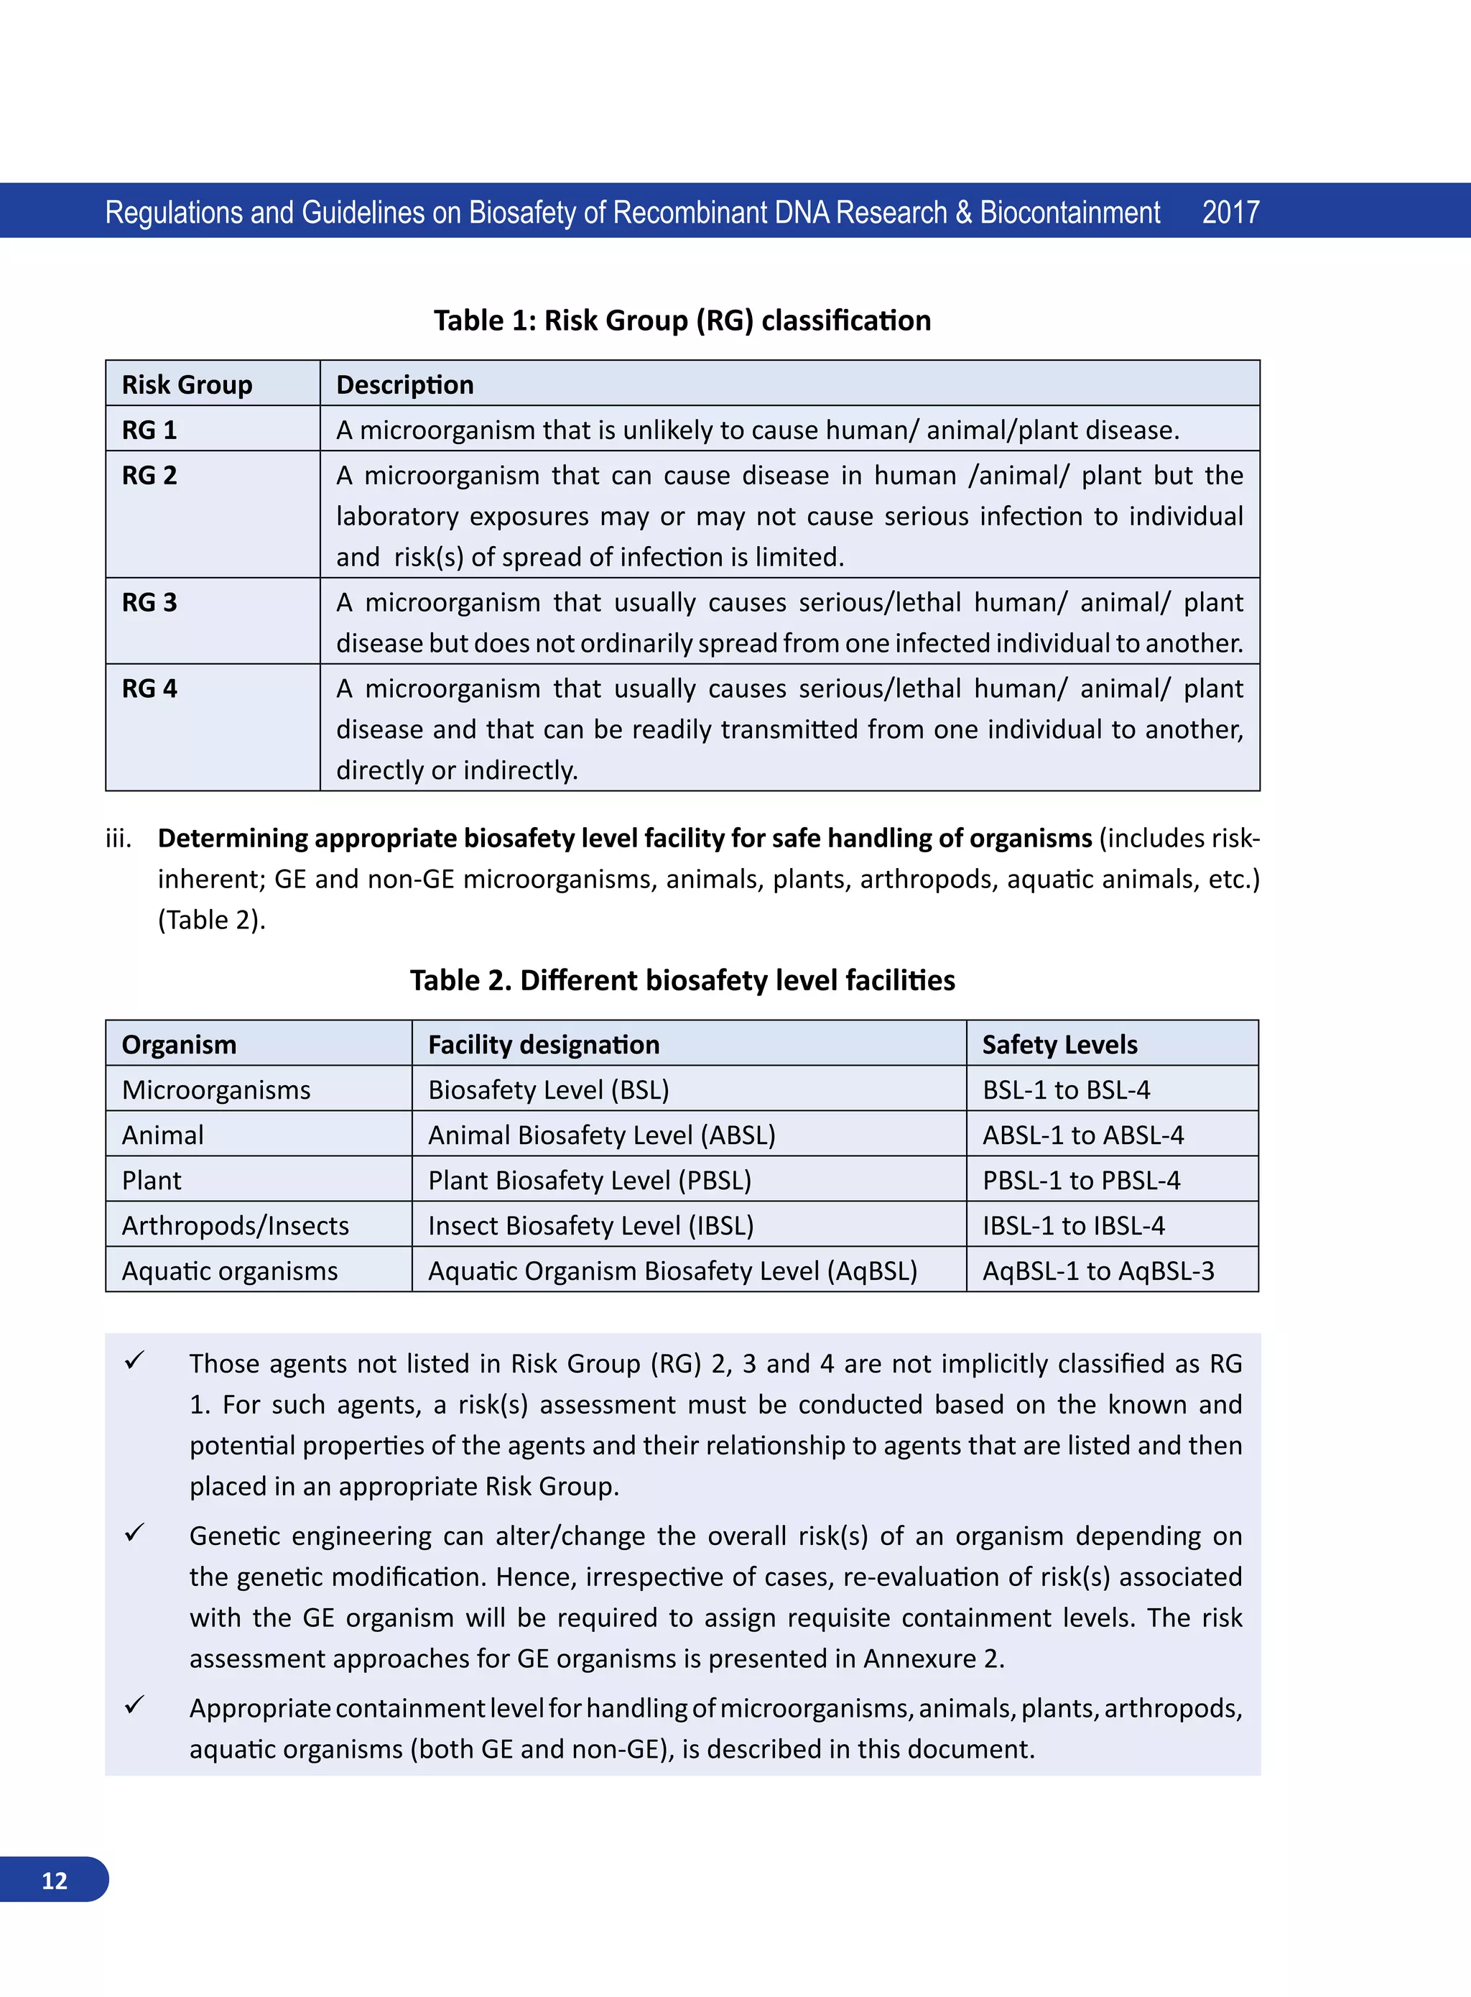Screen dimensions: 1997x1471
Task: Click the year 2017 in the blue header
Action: pos(1230,213)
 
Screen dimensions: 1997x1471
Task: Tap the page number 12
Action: pos(55,1881)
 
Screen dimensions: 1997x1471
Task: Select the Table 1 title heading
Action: pos(682,320)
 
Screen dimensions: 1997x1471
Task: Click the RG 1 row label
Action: pos(149,430)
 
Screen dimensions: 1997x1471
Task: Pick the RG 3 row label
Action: pos(149,603)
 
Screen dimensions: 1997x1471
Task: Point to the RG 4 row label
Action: pos(149,688)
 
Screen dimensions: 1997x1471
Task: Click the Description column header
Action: pos(404,384)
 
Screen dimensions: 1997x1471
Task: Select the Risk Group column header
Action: pos(187,384)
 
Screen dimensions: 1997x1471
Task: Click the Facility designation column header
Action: pos(543,1045)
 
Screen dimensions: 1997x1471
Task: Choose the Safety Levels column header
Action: pos(1059,1045)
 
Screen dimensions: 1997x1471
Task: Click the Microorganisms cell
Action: pos(216,1090)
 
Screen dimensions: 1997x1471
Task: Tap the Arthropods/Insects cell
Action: pos(235,1227)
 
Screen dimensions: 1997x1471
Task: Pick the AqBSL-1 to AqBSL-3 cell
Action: pos(1098,1272)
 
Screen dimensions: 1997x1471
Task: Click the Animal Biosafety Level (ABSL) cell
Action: pos(601,1135)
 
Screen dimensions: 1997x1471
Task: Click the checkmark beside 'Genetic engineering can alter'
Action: pos(134,1533)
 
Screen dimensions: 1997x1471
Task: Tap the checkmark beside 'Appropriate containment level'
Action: pos(134,1705)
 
